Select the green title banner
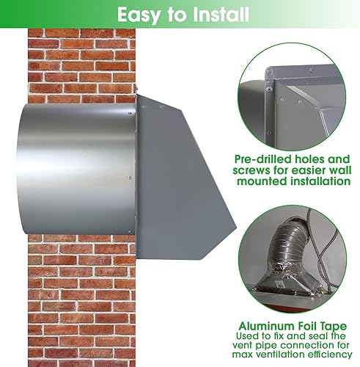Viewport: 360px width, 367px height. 180,14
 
